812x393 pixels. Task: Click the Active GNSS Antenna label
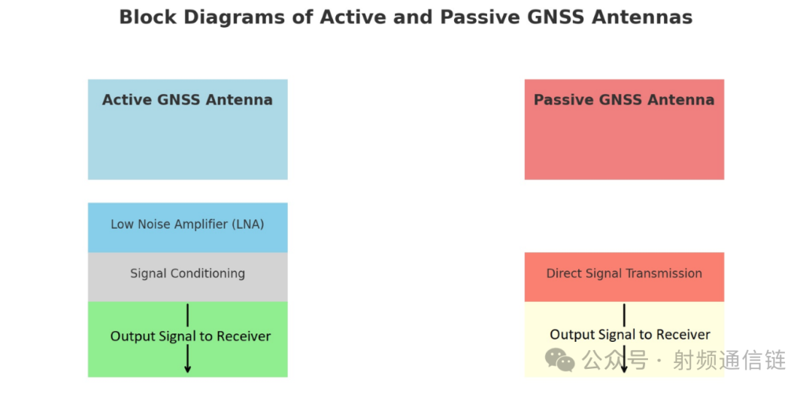pyautogui.click(x=187, y=99)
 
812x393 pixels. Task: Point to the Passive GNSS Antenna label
pyautogui.click(x=624, y=99)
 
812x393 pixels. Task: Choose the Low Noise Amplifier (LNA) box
pyautogui.click(x=187, y=227)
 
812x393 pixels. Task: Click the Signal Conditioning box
pyautogui.click(x=187, y=277)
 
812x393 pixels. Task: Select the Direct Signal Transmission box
pyautogui.click(x=624, y=277)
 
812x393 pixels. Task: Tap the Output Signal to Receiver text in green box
pyautogui.click(x=190, y=337)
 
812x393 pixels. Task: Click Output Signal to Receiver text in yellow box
pyautogui.click(x=630, y=334)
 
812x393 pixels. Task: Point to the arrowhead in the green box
pyautogui.click(x=187, y=369)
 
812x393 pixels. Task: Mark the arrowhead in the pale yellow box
pyautogui.click(x=624, y=369)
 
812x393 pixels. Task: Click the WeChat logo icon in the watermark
pyautogui.click(x=559, y=360)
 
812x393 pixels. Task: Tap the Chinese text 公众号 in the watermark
pyautogui.click(x=615, y=361)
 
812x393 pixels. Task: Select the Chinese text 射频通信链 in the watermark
pyautogui.click(x=729, y=361)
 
